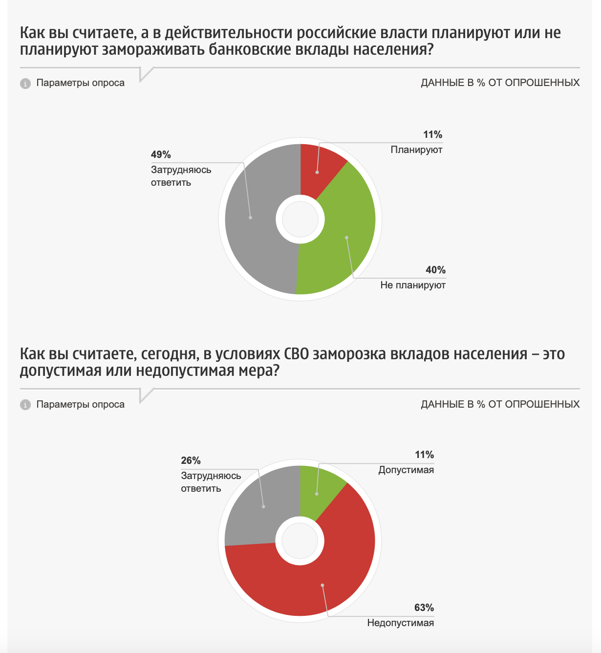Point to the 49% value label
point(161,154)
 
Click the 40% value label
point(436,270)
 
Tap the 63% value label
point(424,608)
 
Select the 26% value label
point(191,460)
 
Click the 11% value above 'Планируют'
point(433,134)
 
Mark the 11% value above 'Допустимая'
point(424,455)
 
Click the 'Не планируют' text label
point(413,285)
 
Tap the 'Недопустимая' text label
point(401,623)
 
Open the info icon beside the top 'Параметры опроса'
point(25,83)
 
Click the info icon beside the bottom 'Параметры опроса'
point(25,405)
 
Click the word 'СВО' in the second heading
point(296,354)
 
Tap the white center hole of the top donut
point(300,219)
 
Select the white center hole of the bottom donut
point(300,541)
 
